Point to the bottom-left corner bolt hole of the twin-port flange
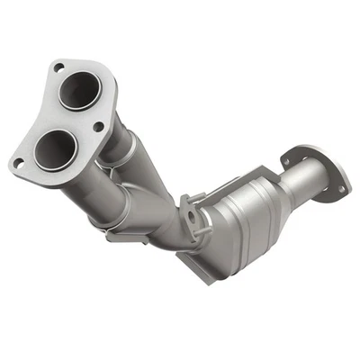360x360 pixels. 16,162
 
